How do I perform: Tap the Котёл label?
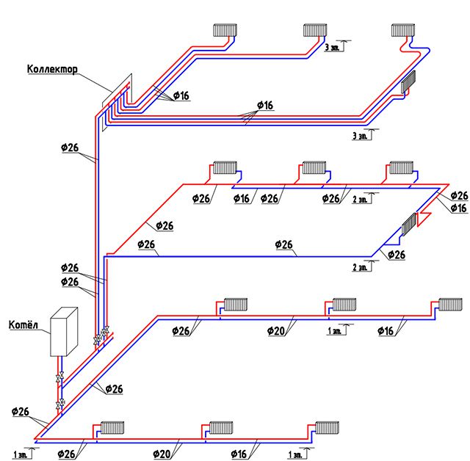22,324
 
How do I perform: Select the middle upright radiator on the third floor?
315,29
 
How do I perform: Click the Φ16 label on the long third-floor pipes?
264,106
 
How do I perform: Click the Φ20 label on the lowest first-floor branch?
162,453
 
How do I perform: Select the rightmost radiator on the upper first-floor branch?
450,304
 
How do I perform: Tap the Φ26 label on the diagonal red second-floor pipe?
164,225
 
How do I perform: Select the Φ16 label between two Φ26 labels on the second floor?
242,198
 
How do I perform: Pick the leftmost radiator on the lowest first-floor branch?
111,426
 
